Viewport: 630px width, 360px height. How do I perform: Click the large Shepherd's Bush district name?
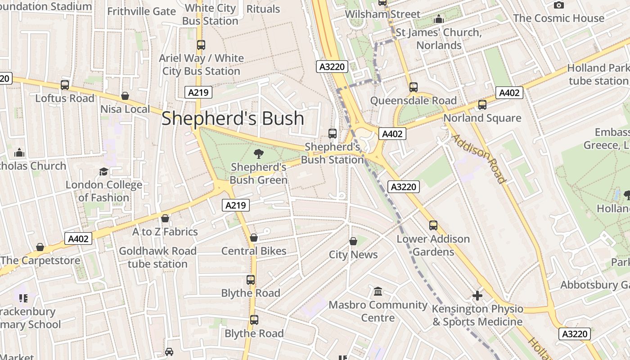coord(233,118)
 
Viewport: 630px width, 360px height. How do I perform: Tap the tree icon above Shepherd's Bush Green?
coord(259,154)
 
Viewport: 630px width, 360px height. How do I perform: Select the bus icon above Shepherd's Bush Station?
coord(333,133)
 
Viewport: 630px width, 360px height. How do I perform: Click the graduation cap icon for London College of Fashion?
coord(104,171)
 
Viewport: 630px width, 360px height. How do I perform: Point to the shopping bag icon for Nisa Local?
coord(125,96)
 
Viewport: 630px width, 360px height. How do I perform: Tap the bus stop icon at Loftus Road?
coord(65,85)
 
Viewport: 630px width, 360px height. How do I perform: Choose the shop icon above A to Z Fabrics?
coord(165,218)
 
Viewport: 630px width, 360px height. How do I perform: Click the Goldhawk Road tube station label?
coord(157,257)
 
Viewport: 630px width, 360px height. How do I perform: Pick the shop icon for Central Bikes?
coord(254,238)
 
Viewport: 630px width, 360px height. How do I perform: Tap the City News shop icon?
coord(353,241)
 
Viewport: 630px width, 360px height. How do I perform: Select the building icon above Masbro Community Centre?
coord(378,292)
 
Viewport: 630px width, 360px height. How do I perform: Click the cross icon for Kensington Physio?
coord(477,296)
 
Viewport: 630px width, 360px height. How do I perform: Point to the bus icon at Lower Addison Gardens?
coord(433,225)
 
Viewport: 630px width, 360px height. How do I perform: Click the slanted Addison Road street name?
coord(479,158)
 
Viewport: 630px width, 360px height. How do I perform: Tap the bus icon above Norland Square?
coord(482,105)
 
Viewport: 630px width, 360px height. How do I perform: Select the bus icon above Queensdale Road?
coord(414,87)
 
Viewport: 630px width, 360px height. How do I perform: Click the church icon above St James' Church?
coord(439,19)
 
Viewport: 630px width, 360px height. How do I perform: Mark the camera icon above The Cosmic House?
coord(559,5)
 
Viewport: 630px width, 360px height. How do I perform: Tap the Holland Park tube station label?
coord(598,75)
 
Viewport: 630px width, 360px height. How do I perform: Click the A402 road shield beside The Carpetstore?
coord(78,238)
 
